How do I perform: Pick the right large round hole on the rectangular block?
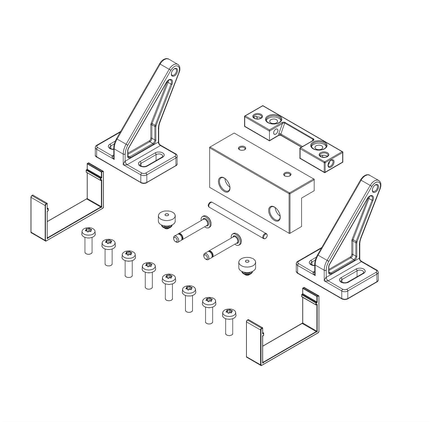(x=275, y=213)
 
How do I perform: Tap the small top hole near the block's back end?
(x=241, y=148)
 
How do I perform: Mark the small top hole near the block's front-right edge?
(x=287, y=174)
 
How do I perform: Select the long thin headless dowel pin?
(x=237, y=220)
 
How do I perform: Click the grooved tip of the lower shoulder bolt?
(x=207, y=257)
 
